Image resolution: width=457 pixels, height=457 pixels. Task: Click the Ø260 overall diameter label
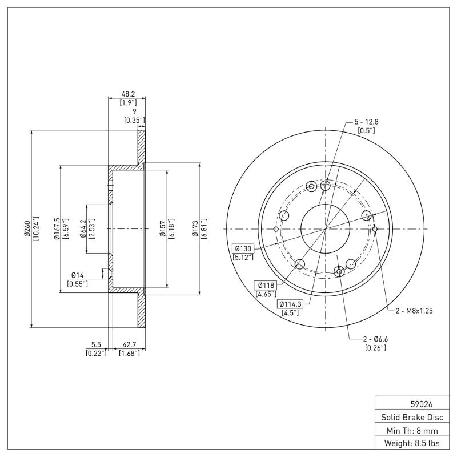[26, 228]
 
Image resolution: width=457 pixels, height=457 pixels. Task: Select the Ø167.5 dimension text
[57, 228]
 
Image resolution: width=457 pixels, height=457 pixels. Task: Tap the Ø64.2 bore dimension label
[83, 228]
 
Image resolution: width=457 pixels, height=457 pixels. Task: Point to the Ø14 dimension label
[77, 275]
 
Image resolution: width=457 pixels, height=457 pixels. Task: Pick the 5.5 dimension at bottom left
[97, 344]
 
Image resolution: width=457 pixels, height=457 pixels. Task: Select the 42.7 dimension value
[129, 344]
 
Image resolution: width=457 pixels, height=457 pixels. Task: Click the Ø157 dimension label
[162, 228]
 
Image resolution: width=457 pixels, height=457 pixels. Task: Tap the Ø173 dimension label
[195, 228]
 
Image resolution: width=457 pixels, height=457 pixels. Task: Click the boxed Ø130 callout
[244, 248]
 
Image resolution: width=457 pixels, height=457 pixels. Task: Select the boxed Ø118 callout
[266, 285]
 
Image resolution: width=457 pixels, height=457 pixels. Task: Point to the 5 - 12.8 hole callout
[366, 122]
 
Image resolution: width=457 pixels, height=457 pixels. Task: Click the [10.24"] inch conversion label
[35, 228]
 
